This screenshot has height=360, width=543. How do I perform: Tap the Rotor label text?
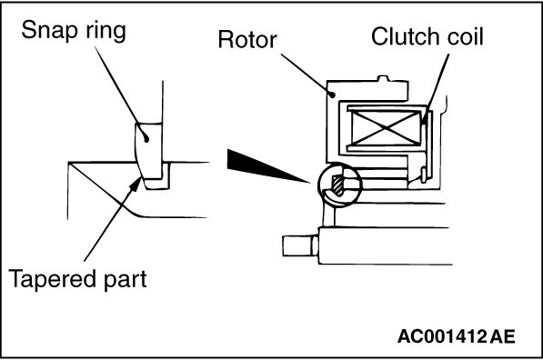coord(247,39)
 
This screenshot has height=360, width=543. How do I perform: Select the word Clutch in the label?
coord(406,36)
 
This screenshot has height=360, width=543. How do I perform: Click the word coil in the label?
coord(465,36)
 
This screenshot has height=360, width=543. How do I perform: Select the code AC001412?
coord(442,336)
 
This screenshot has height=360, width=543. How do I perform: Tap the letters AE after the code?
coord(502,336)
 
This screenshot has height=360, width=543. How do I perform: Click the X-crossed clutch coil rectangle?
coord(386,127)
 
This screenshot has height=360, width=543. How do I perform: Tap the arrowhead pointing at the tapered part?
coord(136,184)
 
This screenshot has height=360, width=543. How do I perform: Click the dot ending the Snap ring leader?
coord(146,140)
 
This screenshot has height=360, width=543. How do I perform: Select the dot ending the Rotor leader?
coord(333,94)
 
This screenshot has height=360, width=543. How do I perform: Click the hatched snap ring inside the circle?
coord(337,185)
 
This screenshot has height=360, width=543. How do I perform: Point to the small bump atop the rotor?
coord(382,78)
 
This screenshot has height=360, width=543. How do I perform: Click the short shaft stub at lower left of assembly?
coord(300,245)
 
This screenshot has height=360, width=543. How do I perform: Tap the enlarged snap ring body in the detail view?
coord(149,153)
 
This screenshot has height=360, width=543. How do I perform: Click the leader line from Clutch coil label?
coord(437,87)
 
